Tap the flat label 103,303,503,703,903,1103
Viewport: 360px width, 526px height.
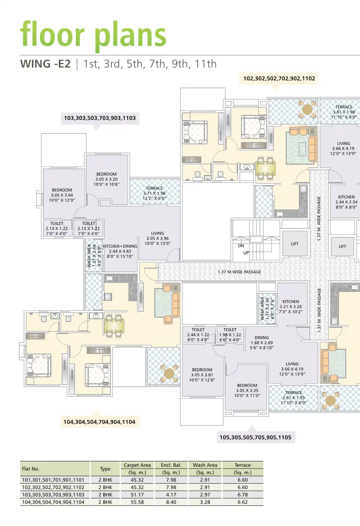pyautogui.click(x=100, y=118)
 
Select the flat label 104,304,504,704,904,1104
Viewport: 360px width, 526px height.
pyautogui.click(x=99, y=422)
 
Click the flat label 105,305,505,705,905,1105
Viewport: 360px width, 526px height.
pyautogui.click(x=255, y=437)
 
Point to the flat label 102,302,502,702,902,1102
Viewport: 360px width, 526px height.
pyautogui.click(x=279, y=78)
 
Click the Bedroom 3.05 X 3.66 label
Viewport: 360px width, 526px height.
pyautogui.click(x=62, y=195)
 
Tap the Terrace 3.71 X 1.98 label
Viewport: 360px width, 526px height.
pyautogui.click(x=154, y=193)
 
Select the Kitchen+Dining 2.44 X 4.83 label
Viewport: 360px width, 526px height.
pyautogui.click(x=120, y=251)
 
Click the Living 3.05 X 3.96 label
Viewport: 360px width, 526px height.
pyautogui.click(x=157, y=238)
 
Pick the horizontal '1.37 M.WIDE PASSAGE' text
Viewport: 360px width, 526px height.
pyautogui.click(x=239, y=272)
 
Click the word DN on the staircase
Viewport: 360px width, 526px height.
pyautogui.click(x=241, y=246)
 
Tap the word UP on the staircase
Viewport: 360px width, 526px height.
pyautogui.click(x=246, y=253)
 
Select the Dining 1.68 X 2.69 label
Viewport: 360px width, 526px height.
pyautogui.click(x=261, y=342)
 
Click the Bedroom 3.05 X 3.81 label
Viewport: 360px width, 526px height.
pyautogui.click(x=202, y=375)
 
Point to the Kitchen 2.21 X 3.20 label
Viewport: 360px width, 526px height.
pyautogui.click(x=291, y=306)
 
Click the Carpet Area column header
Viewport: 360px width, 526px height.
pyautogui.click(x=137, y=465)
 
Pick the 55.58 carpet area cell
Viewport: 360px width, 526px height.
pyautogui.click(x=137, y=502)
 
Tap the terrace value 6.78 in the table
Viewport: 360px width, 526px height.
pyautogui.click(x=242, y=495)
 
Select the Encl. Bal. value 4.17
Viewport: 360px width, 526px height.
pyautogui.click(x=171, y=495)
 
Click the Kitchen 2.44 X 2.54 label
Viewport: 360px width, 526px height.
pyautogui.click(x=346, y=202)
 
